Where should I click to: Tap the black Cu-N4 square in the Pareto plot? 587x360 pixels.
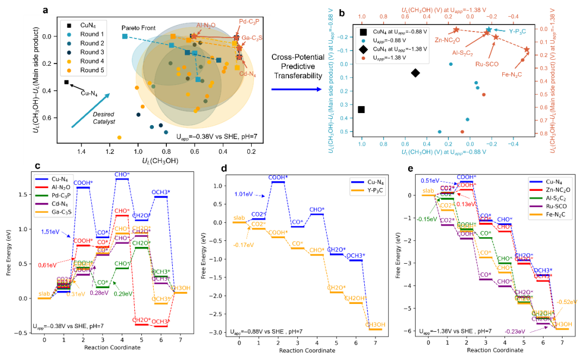click(66, 82)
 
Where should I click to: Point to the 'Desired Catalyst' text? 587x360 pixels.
click(103, 118)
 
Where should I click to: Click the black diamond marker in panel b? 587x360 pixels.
click(415, 73)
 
